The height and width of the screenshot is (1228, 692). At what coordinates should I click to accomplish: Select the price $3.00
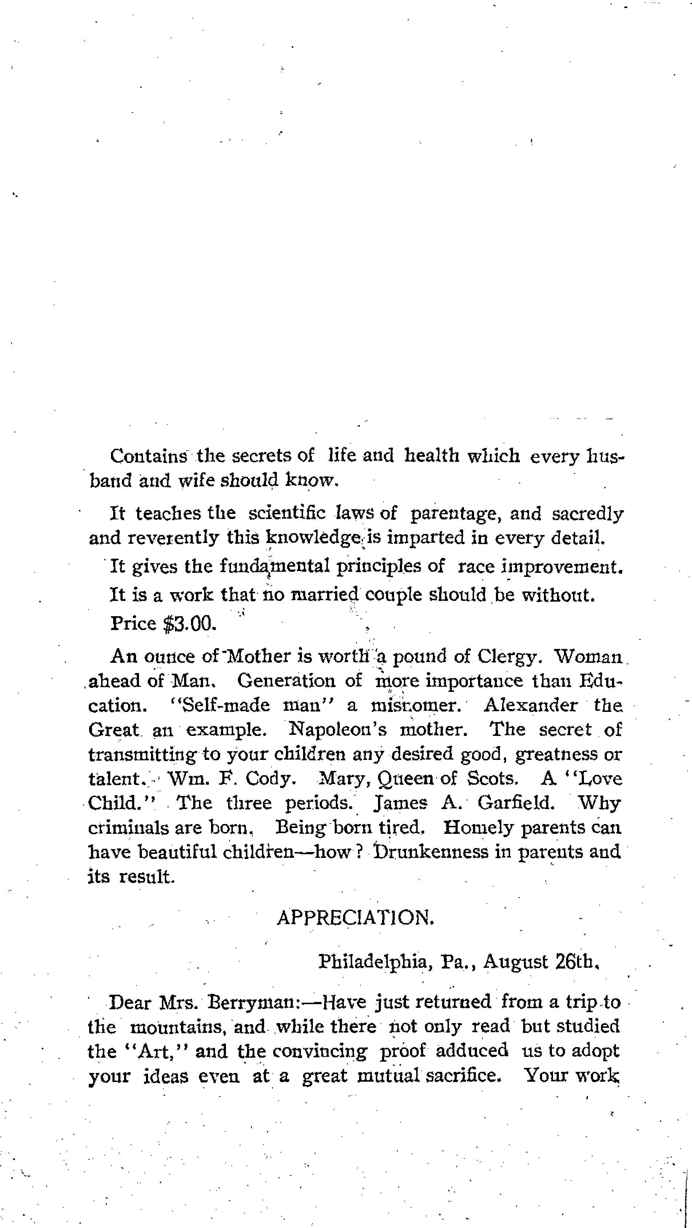click(x=190, y=623)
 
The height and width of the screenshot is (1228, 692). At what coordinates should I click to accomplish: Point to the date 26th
click(x=576, y=962)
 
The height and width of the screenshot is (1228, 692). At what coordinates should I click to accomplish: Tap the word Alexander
click(x=530, y=705)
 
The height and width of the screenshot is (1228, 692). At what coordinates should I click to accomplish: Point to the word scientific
click(x=287, y=514)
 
